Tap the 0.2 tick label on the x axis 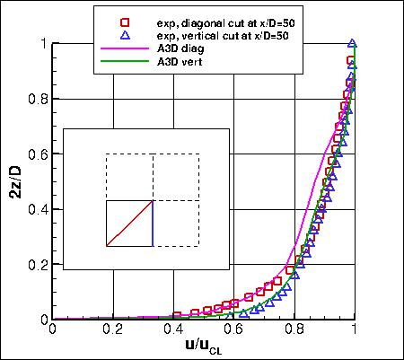pos(113,330)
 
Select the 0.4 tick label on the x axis pos(173,330)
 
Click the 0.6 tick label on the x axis pos(234,330)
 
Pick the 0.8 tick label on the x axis pos(294,330)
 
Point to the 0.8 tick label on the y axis pos(39,99)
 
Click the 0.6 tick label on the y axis pos(39,154)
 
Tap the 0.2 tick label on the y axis pos(39,264)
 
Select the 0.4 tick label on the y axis pos(39,209)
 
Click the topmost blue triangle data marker pos(353,43)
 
